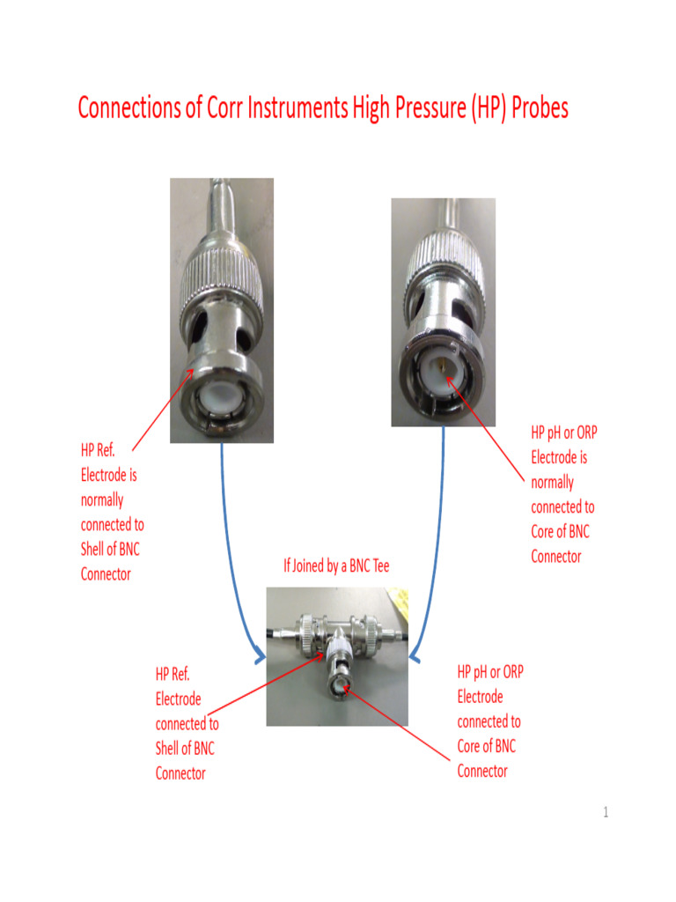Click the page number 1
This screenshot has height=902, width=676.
tap(606, 812)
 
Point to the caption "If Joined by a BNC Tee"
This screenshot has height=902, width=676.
tap(335, 566)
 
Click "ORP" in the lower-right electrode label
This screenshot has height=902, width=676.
tap(509, 672)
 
